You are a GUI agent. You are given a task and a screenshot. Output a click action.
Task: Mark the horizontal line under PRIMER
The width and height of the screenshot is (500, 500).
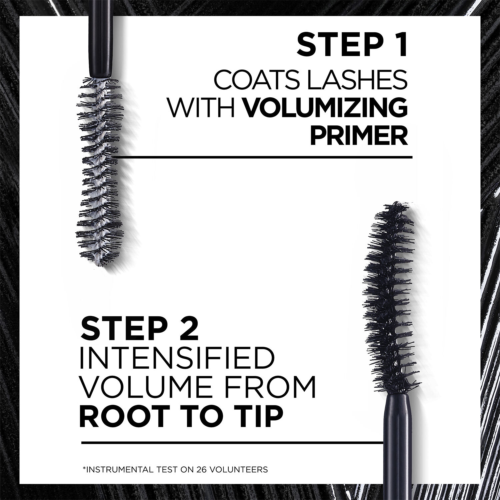[263, 156]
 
